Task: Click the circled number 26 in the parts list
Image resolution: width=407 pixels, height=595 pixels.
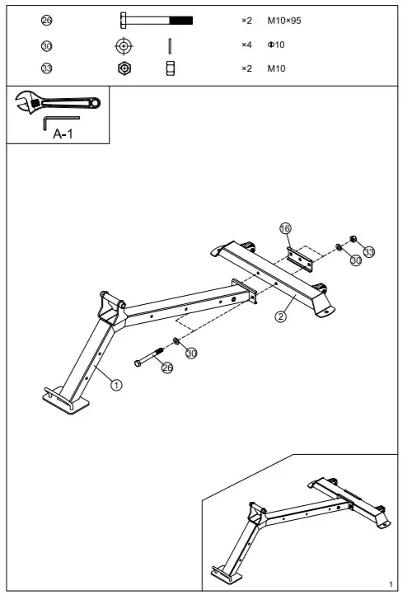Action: [47, 20]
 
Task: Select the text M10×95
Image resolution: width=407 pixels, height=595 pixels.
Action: [284, 20]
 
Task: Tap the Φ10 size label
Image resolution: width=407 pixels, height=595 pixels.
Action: [276, 45]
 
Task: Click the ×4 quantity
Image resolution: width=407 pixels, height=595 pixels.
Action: [246, 45]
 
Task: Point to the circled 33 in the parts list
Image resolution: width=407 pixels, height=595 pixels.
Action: [47, 68]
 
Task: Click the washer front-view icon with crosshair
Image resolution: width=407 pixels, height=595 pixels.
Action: [124, 45]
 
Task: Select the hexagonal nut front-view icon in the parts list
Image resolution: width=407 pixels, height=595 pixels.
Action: [124, 68]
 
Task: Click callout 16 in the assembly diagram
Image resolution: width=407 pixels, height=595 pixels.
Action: [285, 228]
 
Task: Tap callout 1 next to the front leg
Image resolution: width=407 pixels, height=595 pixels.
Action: [116, 384]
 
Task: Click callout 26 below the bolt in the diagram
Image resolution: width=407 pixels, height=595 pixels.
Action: [167, 368]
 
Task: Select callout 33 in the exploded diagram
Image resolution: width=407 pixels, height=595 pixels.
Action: [369, 251]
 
